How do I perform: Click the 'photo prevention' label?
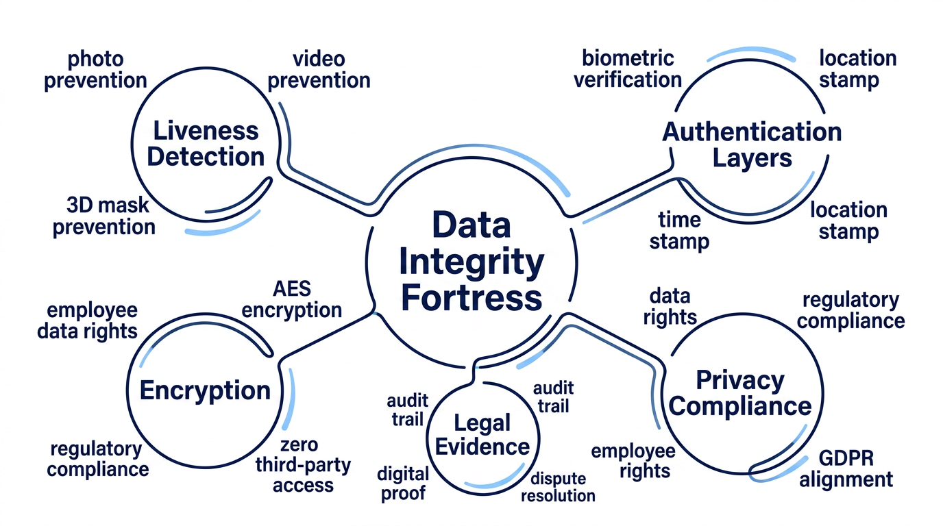tap(95, 71)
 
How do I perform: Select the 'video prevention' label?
tap(319, 71)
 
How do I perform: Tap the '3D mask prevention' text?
tap(104, 216)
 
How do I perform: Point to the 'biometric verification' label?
tap(628, 69)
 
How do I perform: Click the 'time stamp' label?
tap(679, 231)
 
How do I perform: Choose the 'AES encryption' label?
tap(292, 299)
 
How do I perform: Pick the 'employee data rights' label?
tap(88, 321)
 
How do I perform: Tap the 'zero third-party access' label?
tap(303, 465)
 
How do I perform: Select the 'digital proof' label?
tap(403, 484)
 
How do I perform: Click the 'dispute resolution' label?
tap(559, 487)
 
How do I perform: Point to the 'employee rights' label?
tap(633, 461)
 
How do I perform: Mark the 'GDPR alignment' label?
tap(846, 468)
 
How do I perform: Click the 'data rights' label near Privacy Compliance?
tap(670, 308)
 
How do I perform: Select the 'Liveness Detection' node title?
tap(206, 144)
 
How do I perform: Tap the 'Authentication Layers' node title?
tap(752, 145)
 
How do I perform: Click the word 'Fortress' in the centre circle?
tap(472, 297)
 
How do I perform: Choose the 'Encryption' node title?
tap(205, 390)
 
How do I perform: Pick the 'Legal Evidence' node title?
tap(482, 435)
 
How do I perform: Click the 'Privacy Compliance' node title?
tap(740, 393)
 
